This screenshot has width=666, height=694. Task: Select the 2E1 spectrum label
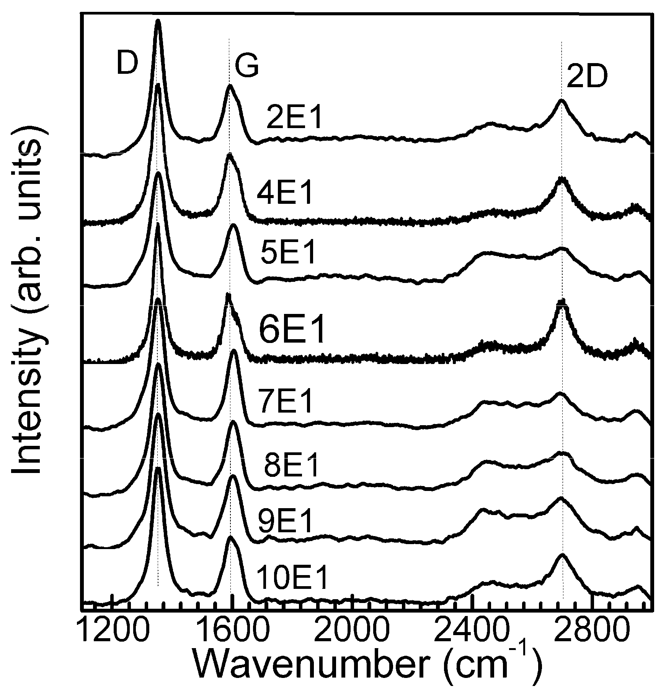[x=295, y=120]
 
